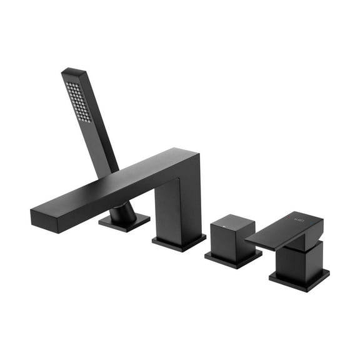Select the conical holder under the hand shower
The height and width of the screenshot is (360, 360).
point(124,213)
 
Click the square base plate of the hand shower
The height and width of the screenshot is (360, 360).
point(124,222)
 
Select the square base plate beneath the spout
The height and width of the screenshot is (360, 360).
point(179,242)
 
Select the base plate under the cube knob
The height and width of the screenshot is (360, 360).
point(233,259)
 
